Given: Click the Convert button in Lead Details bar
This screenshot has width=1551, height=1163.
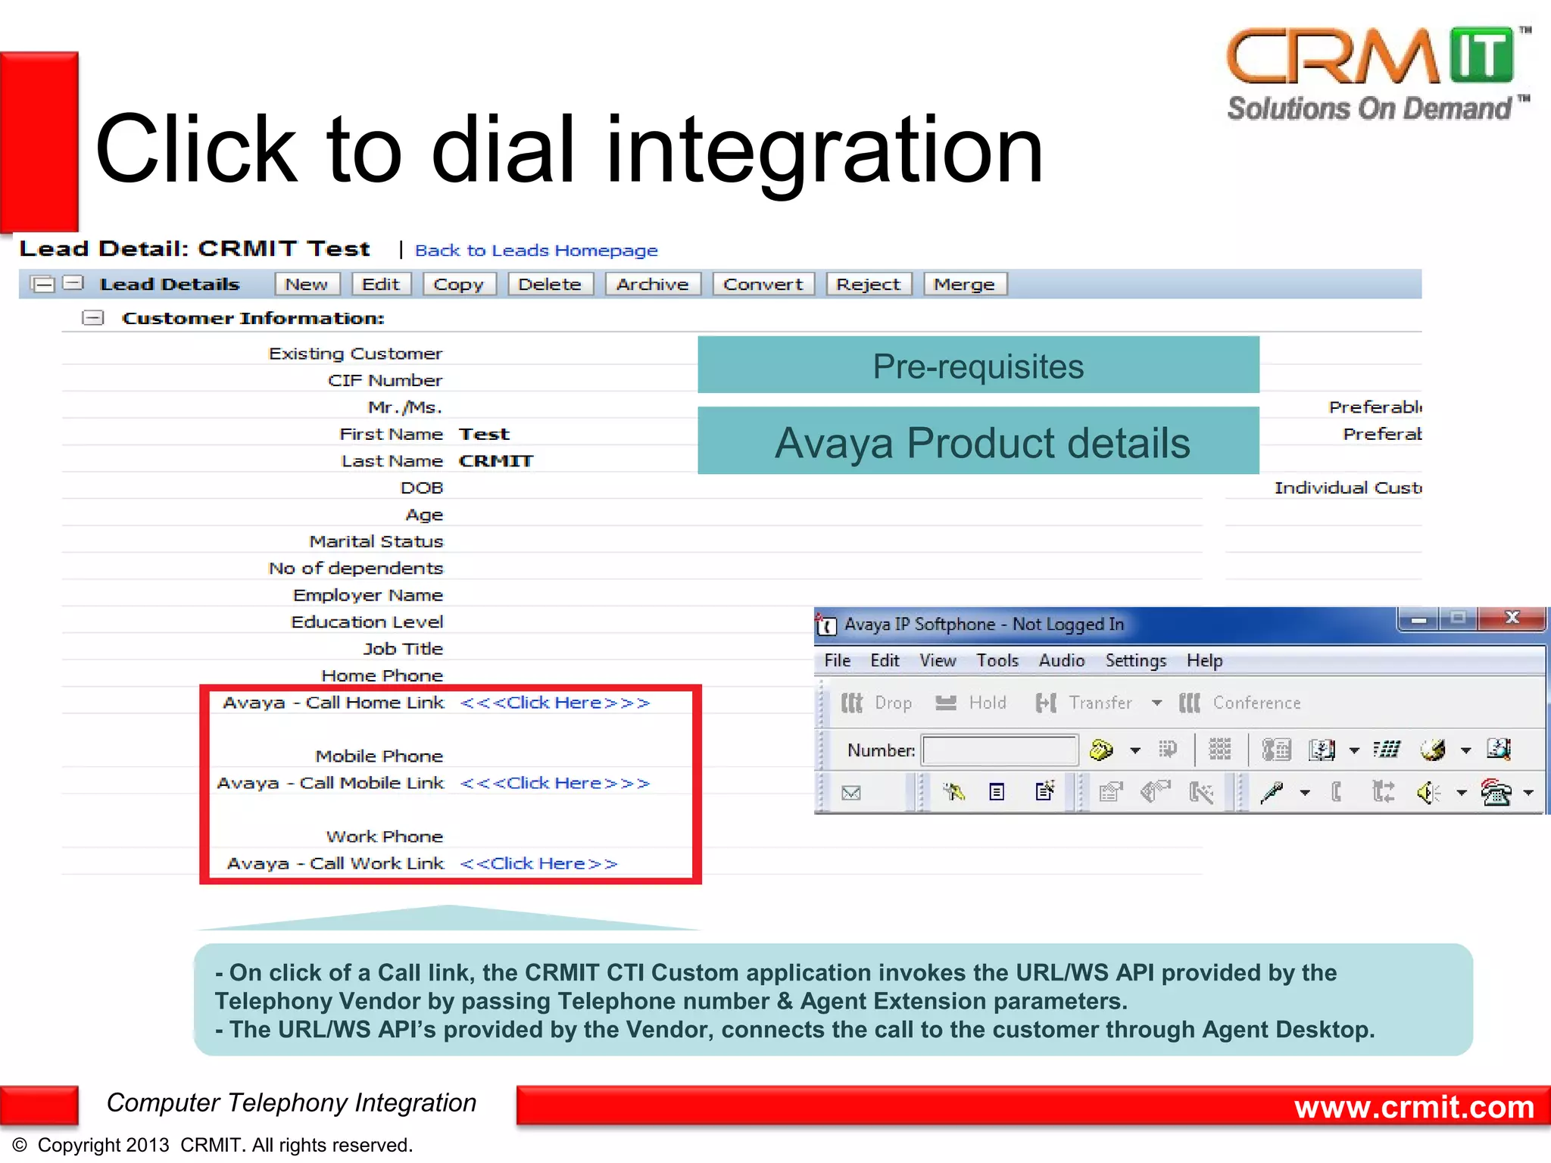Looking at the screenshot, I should [763, 285].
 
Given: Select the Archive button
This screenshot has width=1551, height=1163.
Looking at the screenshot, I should [652, 285].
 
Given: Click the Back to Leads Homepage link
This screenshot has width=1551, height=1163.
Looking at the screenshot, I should [536, 251].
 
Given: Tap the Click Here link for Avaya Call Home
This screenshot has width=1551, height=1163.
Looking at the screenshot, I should [555, 703].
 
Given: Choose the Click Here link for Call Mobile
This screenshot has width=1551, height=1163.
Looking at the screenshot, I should [555, 783].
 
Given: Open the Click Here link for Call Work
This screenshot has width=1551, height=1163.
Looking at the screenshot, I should [539, 863].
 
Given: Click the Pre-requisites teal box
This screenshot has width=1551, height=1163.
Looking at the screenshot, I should [978, 366].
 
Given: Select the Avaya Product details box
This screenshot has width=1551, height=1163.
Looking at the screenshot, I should [978, 442].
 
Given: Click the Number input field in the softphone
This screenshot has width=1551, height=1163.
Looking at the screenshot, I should [1000, 750].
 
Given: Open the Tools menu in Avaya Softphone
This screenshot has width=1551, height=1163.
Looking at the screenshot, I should [997, 660].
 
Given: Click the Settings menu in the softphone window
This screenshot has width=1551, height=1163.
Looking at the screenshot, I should [1135, 660].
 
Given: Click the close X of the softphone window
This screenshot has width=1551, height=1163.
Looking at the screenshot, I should [1512, 618].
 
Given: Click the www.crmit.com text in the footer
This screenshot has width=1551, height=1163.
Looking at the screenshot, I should [1413, 1107].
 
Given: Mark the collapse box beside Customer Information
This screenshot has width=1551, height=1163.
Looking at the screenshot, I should [92, 318].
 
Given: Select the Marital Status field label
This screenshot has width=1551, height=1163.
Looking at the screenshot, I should [376, 541].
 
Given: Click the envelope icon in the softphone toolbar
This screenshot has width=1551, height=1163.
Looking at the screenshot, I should [851, 793].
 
